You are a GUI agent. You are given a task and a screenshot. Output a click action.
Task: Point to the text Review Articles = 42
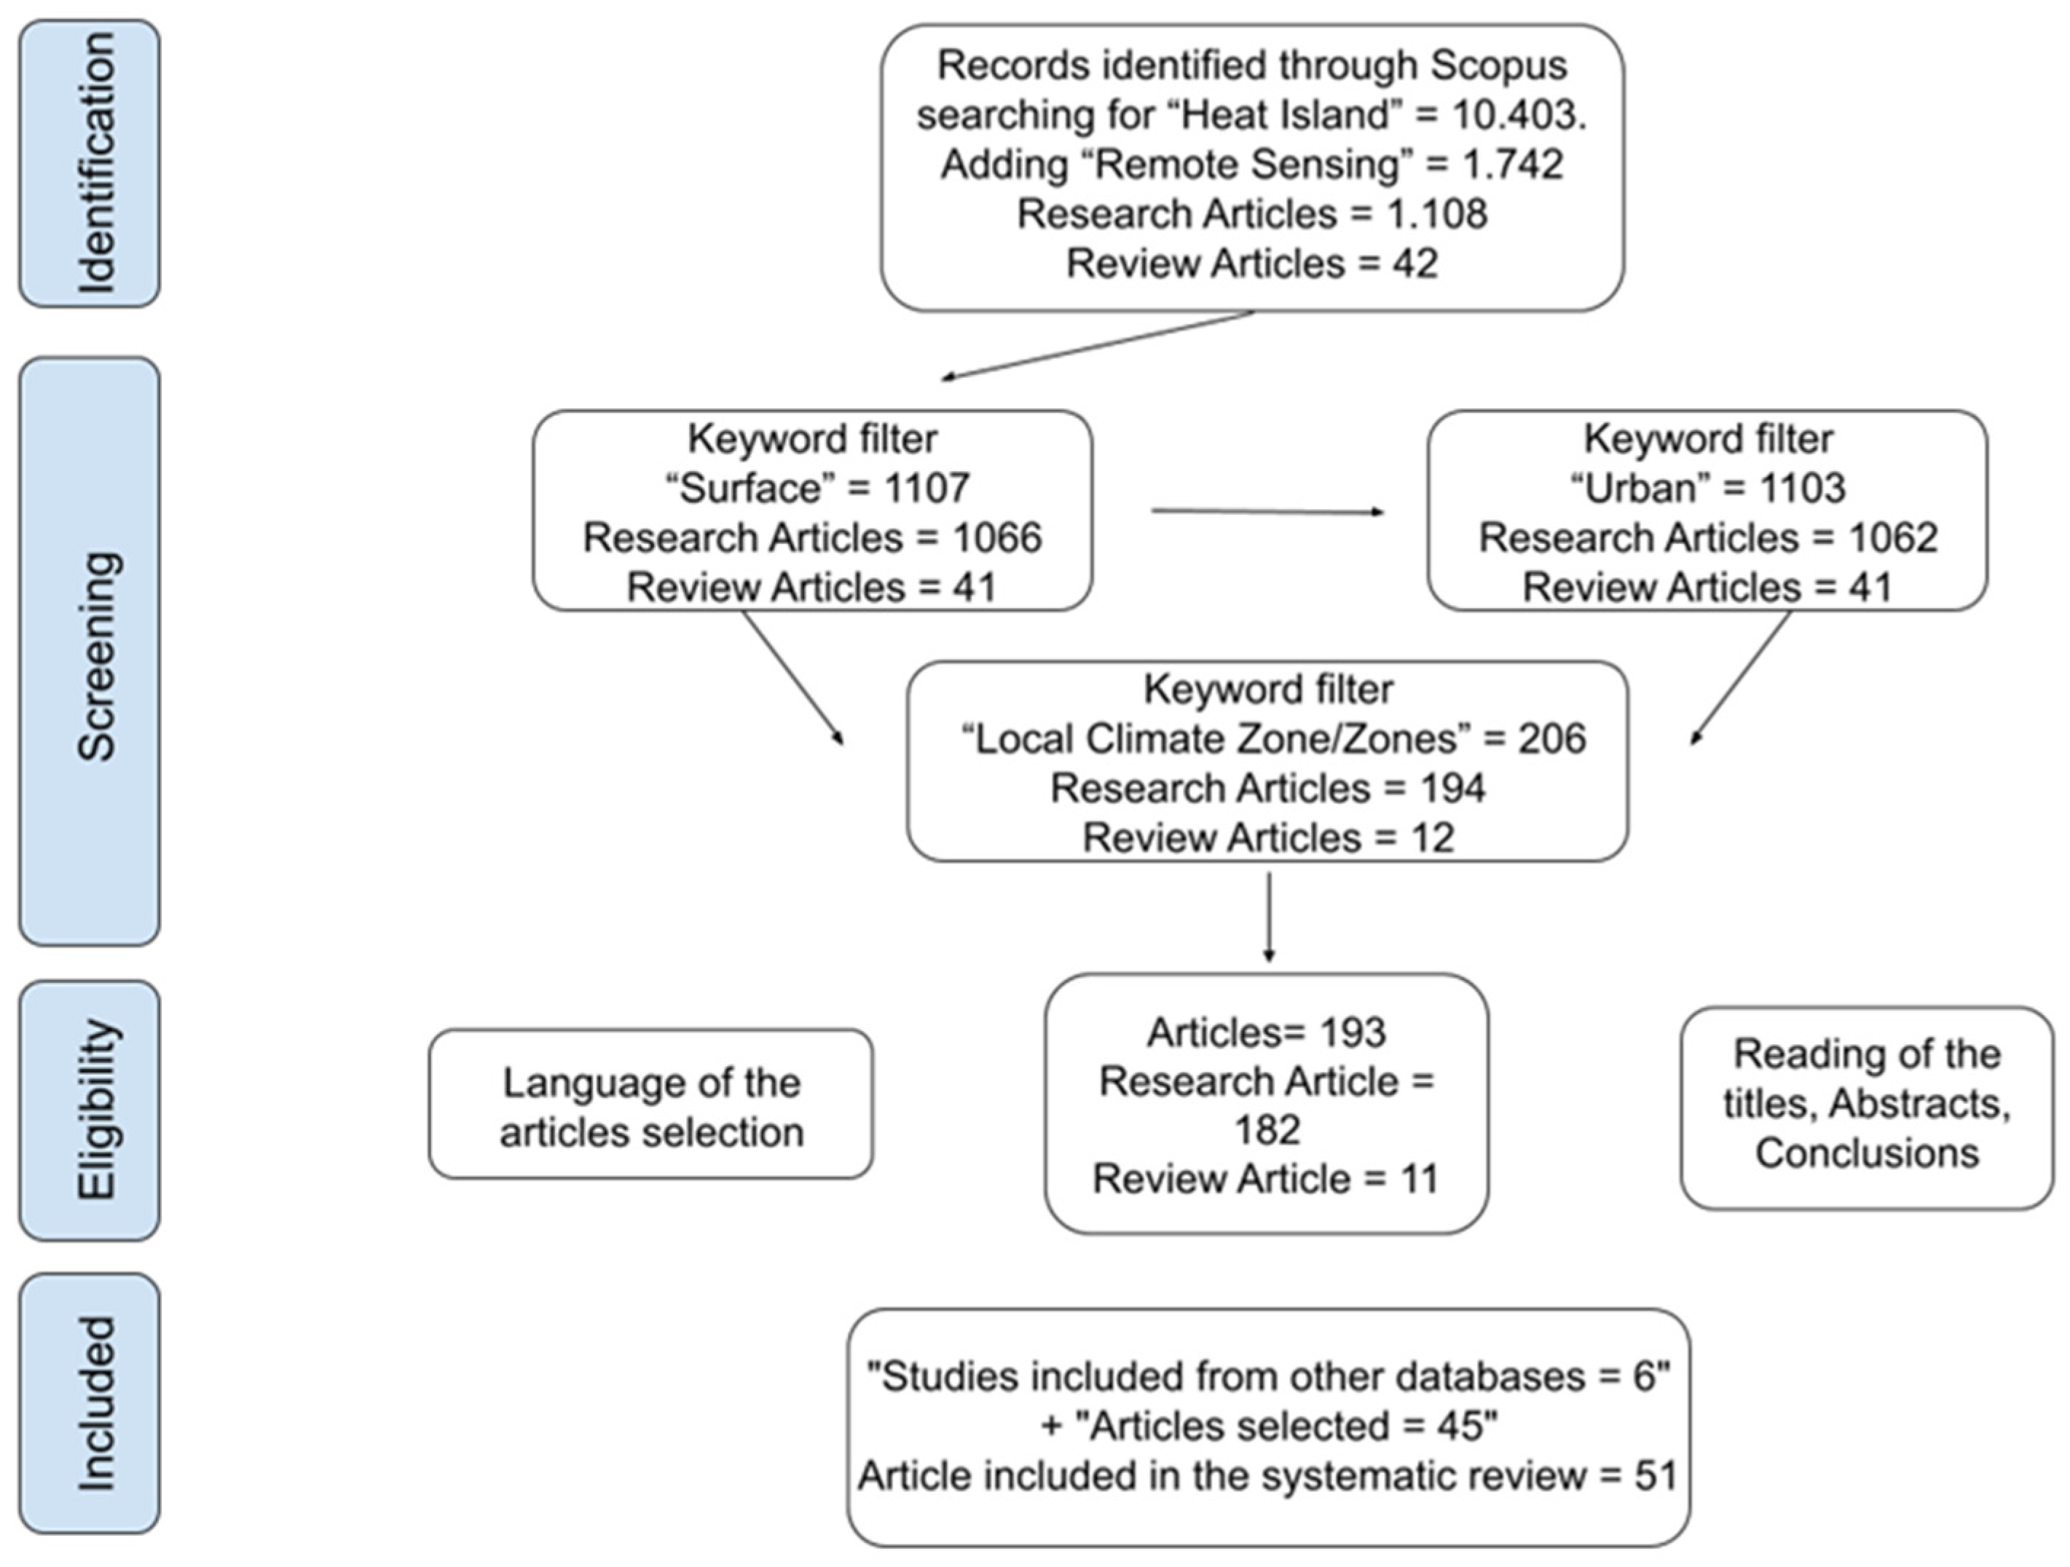point(1251,264)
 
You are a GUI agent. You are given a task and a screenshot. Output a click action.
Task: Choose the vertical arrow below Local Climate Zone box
point(1268,917)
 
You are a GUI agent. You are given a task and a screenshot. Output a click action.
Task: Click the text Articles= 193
point(1266,1033)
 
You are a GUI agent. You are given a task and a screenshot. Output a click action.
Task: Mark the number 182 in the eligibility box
point(1266,1130)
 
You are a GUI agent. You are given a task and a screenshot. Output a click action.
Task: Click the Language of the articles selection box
point(651,1105)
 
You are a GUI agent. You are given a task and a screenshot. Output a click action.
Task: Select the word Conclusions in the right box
point(1866,1153)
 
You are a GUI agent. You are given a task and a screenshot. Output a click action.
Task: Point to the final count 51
point(1655,1476)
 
